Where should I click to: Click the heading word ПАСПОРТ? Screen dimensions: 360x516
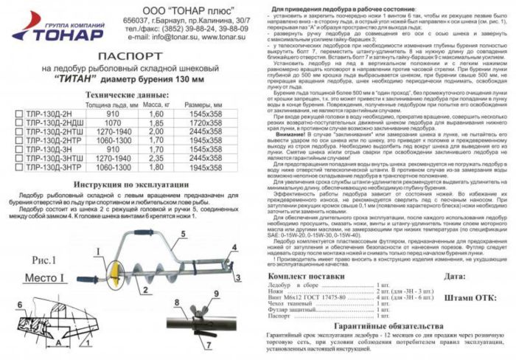(x=127, y=55)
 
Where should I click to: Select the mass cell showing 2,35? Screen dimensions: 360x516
(x=156, y=157)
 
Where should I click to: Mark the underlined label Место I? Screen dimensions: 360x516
(x=49, y=280)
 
